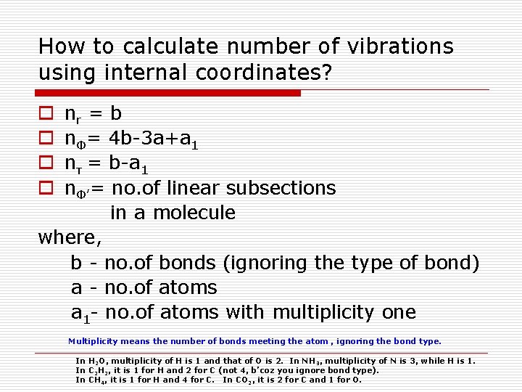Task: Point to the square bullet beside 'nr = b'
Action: pyautogui.click(x=45, y=114)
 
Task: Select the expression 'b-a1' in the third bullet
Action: pyautogui.click(x=130, y=164)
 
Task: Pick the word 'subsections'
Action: pyautogui.click(x=281, y=188)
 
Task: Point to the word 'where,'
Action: pyautogui.click(x=70, y=237)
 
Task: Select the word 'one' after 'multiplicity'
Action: pyautogui.click(x=397, y=313)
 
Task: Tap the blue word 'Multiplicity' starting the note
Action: pyautogui.click(x=94, y=341)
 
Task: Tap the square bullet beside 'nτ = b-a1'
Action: pyautogui.click(x=45, y=164)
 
